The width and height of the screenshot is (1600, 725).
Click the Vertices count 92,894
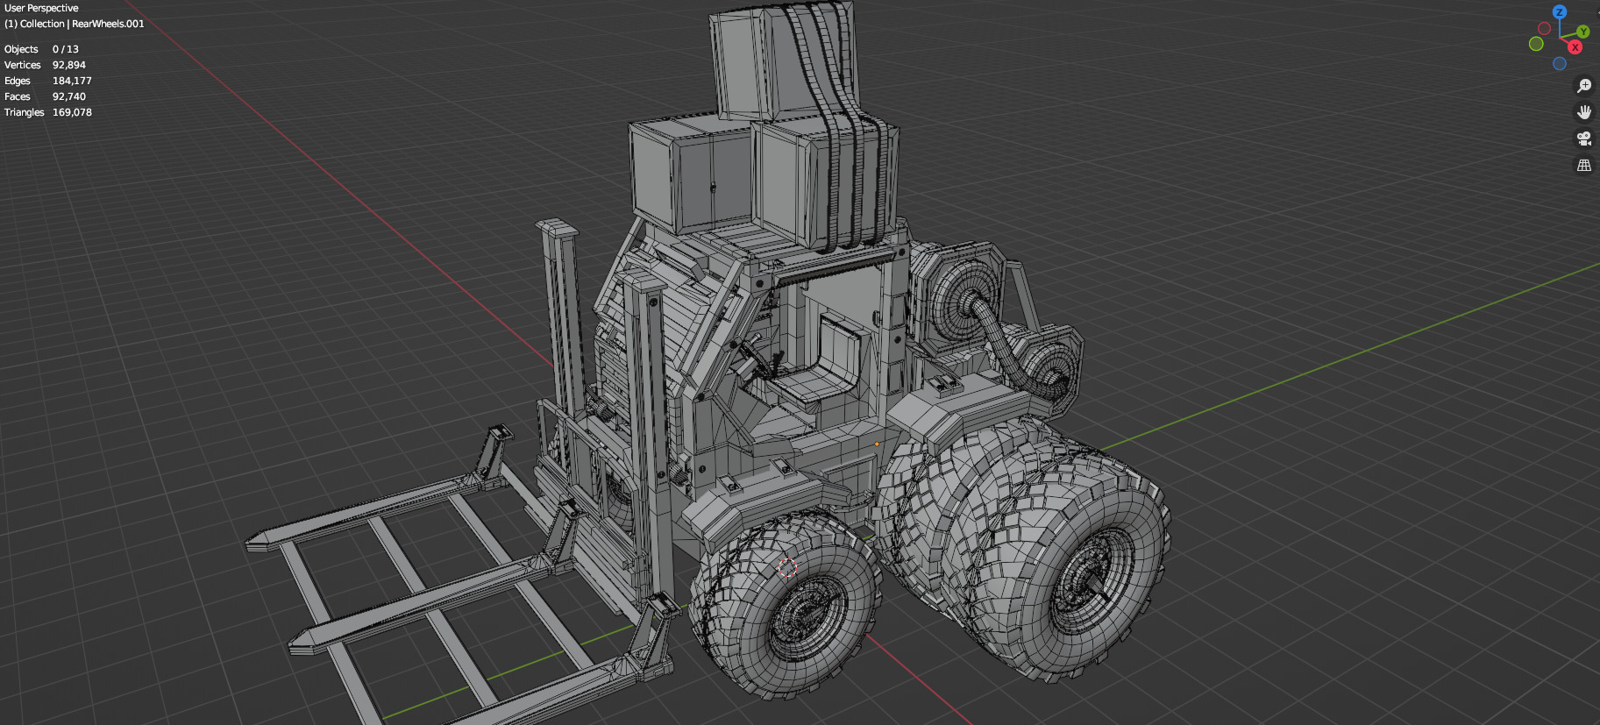(68, 65)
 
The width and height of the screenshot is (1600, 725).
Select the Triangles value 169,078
(72, 112)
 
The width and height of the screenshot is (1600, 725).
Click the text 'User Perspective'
(41, 8)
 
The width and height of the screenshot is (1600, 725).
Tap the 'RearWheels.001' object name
(108, 24)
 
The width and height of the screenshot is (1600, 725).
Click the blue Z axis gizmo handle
(1559, 12)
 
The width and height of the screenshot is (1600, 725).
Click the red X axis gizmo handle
(1575, 47)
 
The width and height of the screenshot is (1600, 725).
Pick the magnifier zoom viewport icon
(1583, 86)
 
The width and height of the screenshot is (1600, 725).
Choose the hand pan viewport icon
(1583, 112)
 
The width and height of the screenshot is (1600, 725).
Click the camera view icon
(1583, 139)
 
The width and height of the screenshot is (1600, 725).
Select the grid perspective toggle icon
(1583, 165)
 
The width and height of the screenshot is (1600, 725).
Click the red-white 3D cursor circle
(787, 567)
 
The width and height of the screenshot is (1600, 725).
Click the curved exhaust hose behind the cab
(1008, 342)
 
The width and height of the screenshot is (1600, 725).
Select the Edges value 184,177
(72, 81)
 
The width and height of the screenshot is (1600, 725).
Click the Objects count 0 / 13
(66, 49)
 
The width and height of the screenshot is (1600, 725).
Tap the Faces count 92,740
(69, 96)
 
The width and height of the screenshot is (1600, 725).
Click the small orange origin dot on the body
(876, 444)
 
